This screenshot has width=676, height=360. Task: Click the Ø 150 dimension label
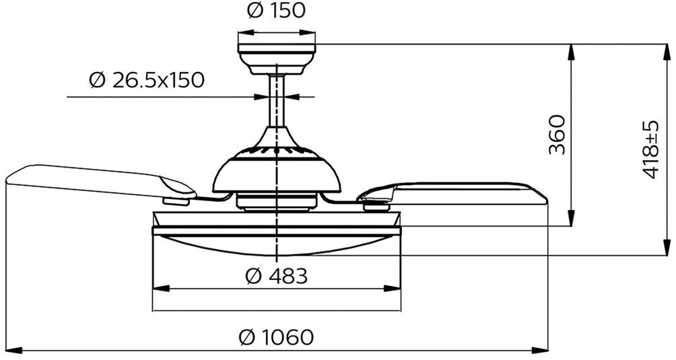click(276, 11)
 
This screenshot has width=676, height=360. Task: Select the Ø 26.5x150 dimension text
click(147, 80)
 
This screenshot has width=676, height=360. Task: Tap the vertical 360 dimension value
click(557, 135)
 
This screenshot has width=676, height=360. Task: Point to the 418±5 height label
click(650, 149)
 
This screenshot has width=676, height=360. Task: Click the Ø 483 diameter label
click(276, 276)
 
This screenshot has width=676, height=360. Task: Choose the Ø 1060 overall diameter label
click(276, 336)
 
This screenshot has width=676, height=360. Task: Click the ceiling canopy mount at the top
click(276, 59)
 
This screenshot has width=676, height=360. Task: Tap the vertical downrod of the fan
click(276, 100)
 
